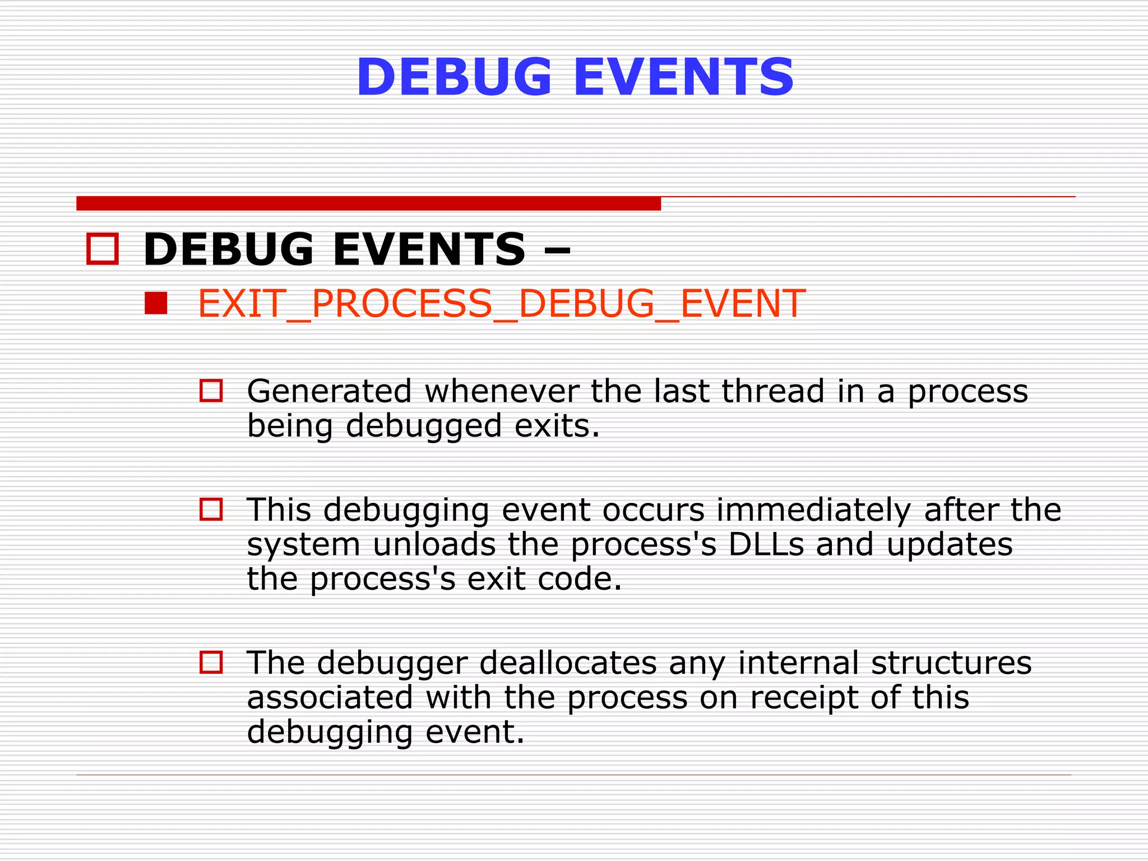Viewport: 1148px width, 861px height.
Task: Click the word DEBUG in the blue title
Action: click(455, 77)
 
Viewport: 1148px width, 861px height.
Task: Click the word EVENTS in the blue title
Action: click(684, 77)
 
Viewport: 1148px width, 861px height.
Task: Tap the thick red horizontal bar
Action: click(368, 203)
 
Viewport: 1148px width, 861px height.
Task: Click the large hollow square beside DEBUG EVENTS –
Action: click(103, 249)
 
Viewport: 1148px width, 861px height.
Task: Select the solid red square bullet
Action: click(156, 303)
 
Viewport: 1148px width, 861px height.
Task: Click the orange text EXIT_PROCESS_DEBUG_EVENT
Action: click(501, 304)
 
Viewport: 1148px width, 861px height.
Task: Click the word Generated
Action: click(329, 391)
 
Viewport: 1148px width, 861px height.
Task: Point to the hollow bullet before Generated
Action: click(211, 391)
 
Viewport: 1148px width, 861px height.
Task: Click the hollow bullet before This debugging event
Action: click(211, 509)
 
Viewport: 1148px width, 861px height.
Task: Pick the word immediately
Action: click(813, 510)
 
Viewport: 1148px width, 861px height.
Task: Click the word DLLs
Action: click(766, 544)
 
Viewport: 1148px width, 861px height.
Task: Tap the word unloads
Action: click(434, 544)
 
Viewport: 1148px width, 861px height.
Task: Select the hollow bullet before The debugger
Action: click(211, 662)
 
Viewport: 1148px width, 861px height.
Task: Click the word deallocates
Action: click(568, 663)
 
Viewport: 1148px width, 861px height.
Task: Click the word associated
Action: click(330, 697)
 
